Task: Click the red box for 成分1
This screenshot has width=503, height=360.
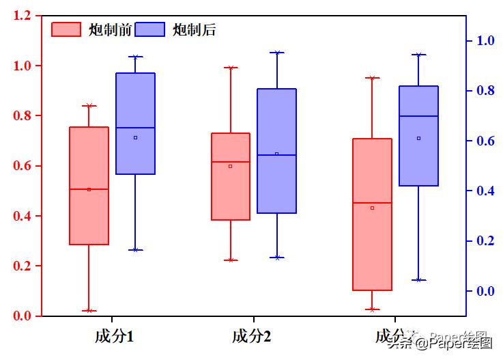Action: [x=89, y=185]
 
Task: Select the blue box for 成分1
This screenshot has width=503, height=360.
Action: [x=135, y=124]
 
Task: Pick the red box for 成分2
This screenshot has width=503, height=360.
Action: [x=231, y=176]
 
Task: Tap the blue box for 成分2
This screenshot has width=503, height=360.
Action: [x=276, y=151]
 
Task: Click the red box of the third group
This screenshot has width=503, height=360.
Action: [x=372, y=214]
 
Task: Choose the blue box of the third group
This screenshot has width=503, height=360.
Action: [x=418, y=136]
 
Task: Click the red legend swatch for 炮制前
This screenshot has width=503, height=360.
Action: [x=67, y=29]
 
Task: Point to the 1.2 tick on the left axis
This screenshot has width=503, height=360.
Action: [x=23, y=16]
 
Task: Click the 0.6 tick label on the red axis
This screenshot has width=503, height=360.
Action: [x=23, y=166]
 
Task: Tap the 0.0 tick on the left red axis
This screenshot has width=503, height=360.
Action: [x=23, y=316]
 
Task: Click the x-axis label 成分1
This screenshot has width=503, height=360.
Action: [x=114, y=336]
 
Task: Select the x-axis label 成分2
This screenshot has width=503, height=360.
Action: [x=251, y=336]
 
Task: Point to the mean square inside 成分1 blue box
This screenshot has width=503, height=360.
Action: [x=135, y=137]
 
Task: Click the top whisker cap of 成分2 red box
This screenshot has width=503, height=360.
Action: [x=231, y=68]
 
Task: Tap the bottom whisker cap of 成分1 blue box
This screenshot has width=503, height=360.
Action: [x=135, y=250]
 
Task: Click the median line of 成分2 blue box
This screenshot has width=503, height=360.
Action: [x=276, y=155]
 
